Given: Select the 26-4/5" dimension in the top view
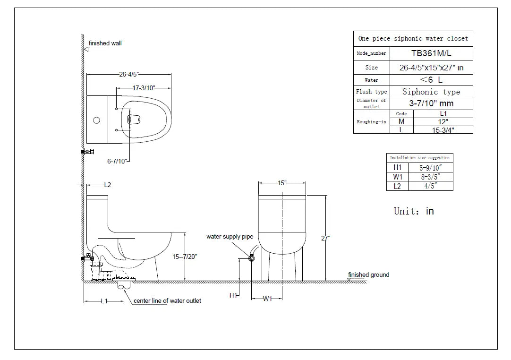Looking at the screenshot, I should (128, 74).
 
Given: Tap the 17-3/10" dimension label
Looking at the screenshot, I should (144, 88).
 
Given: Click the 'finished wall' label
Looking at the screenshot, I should (105, 43).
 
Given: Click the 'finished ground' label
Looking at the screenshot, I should (369, 275).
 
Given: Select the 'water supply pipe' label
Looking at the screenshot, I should (230, 237).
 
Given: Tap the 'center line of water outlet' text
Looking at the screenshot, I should (167, 301).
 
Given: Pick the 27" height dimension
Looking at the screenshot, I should (325, 239).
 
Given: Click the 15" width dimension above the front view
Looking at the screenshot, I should (282, 183).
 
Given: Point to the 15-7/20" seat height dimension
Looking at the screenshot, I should (185, 257).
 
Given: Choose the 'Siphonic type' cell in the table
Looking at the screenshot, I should (431, 92).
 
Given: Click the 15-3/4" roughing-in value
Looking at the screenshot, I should (443, 129).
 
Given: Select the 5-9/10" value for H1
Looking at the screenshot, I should (430, 168).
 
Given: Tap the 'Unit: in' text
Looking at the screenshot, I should (414, 211).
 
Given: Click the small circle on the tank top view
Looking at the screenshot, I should (96, 120).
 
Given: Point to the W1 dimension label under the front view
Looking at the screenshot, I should (267, 299).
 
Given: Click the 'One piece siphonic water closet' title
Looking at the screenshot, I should (413, 38).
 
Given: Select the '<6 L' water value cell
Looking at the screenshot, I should (431, 80).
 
